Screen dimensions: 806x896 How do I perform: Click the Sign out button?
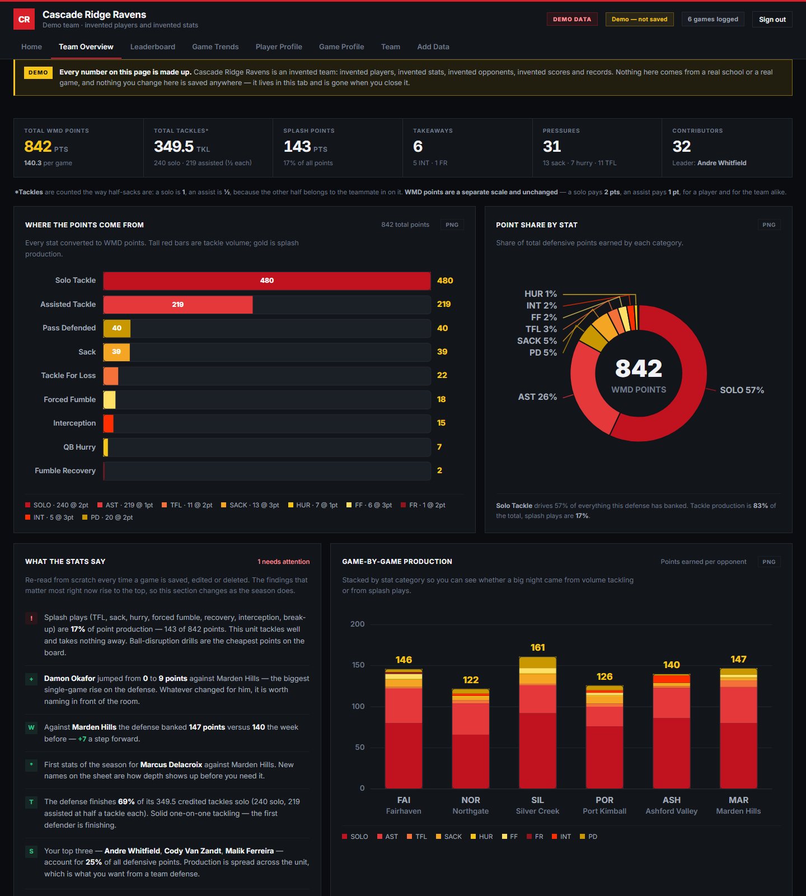coord(772,19)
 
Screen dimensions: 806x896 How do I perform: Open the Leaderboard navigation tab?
coord(153,46)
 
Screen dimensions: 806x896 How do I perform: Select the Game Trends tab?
coord(215,46)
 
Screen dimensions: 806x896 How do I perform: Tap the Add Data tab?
coord(433,46)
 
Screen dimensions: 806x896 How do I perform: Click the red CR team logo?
coord(24,19)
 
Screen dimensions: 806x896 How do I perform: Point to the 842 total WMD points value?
coord(38,146)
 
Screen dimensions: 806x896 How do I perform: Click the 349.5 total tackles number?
coord(174,146)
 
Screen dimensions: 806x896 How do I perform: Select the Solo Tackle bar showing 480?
coord(267,281)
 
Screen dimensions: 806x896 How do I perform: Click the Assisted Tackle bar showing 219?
coord(178,305)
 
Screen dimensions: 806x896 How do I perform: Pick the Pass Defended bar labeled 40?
coord(117,328)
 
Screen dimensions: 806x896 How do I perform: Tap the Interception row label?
coord(74,423)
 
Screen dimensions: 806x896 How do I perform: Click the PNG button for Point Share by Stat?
coord(769,225)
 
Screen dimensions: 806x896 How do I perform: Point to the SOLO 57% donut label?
coord(742,390)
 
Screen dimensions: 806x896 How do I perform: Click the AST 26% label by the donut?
coord(537,396)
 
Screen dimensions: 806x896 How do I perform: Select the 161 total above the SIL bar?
coord(537,647)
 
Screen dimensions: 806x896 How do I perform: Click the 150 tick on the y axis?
coord(358,665)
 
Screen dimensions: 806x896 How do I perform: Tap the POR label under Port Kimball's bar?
coord(604,800)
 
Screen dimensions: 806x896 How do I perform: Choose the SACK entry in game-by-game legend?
coord(449,837)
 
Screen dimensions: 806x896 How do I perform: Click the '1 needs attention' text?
coord(284,562)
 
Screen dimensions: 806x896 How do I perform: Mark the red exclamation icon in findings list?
coord(31,618)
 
